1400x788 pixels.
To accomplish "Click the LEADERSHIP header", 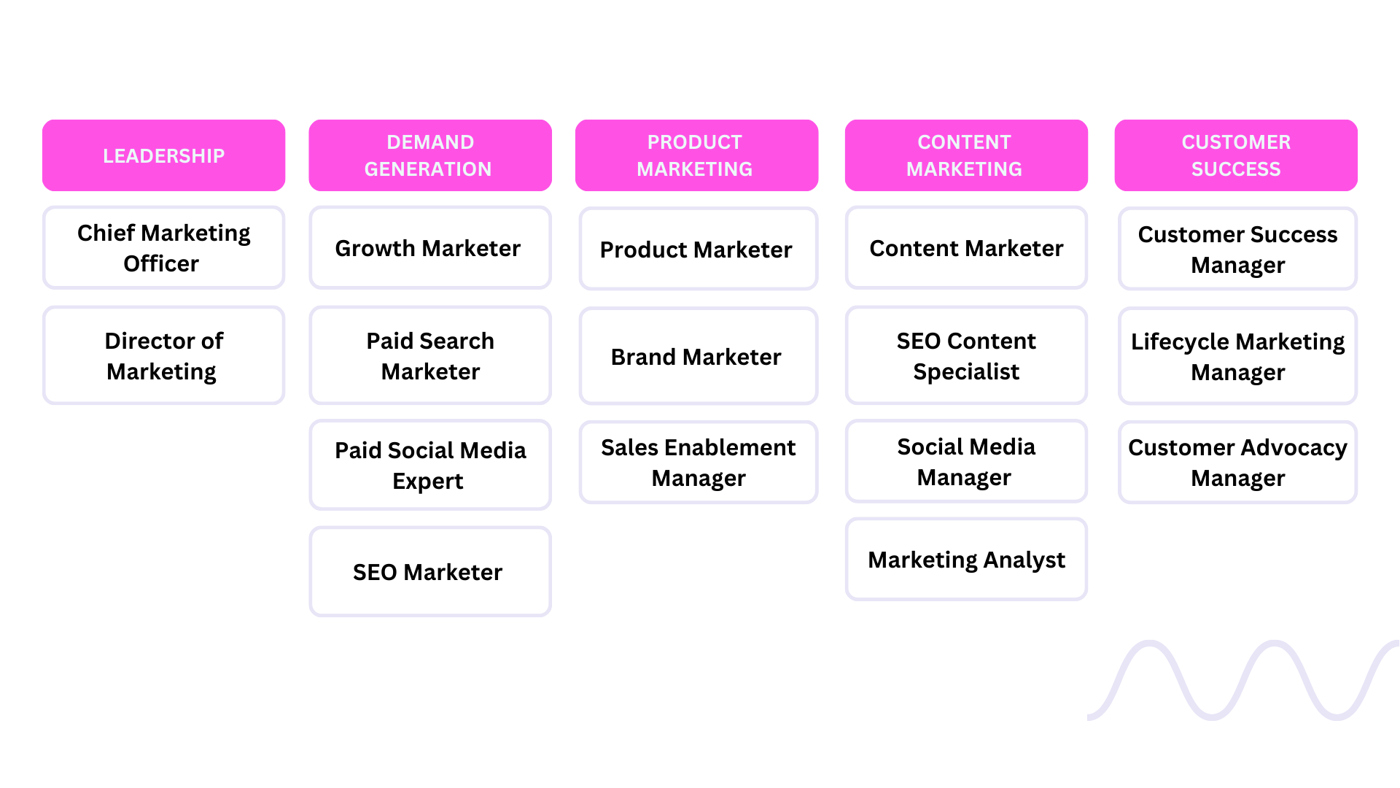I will (x=163, y=155).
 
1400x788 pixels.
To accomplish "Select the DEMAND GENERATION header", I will (x=429, y=155).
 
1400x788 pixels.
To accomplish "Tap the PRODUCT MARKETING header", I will (x=696, y=155).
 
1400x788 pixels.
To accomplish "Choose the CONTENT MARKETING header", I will (x=965, y=155).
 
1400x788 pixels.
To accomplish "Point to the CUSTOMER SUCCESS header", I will (x=1235, y=155).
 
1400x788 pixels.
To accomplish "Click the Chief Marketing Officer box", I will (x=163, y=248).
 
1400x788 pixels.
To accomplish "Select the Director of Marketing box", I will (x=163, y=355).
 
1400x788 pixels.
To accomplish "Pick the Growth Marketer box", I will (x=429, y=248).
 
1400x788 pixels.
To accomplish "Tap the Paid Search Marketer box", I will (x=429, y=355).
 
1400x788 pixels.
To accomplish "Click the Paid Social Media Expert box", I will (x=429, y=465).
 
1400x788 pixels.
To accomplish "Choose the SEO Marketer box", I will (x=429, y=572).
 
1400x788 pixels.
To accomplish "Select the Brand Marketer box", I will (x=698, y=356).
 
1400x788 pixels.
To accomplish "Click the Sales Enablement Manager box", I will (x=698, y=462).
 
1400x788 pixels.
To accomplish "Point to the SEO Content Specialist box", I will (x=965, y=355).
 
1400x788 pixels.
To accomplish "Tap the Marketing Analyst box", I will (x=965, y=560).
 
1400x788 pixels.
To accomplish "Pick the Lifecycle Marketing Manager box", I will (x=1237, y=356).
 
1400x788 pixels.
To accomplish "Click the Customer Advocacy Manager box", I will (x=1237, y=462).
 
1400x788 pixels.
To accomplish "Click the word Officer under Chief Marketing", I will (x=160, y=263).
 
